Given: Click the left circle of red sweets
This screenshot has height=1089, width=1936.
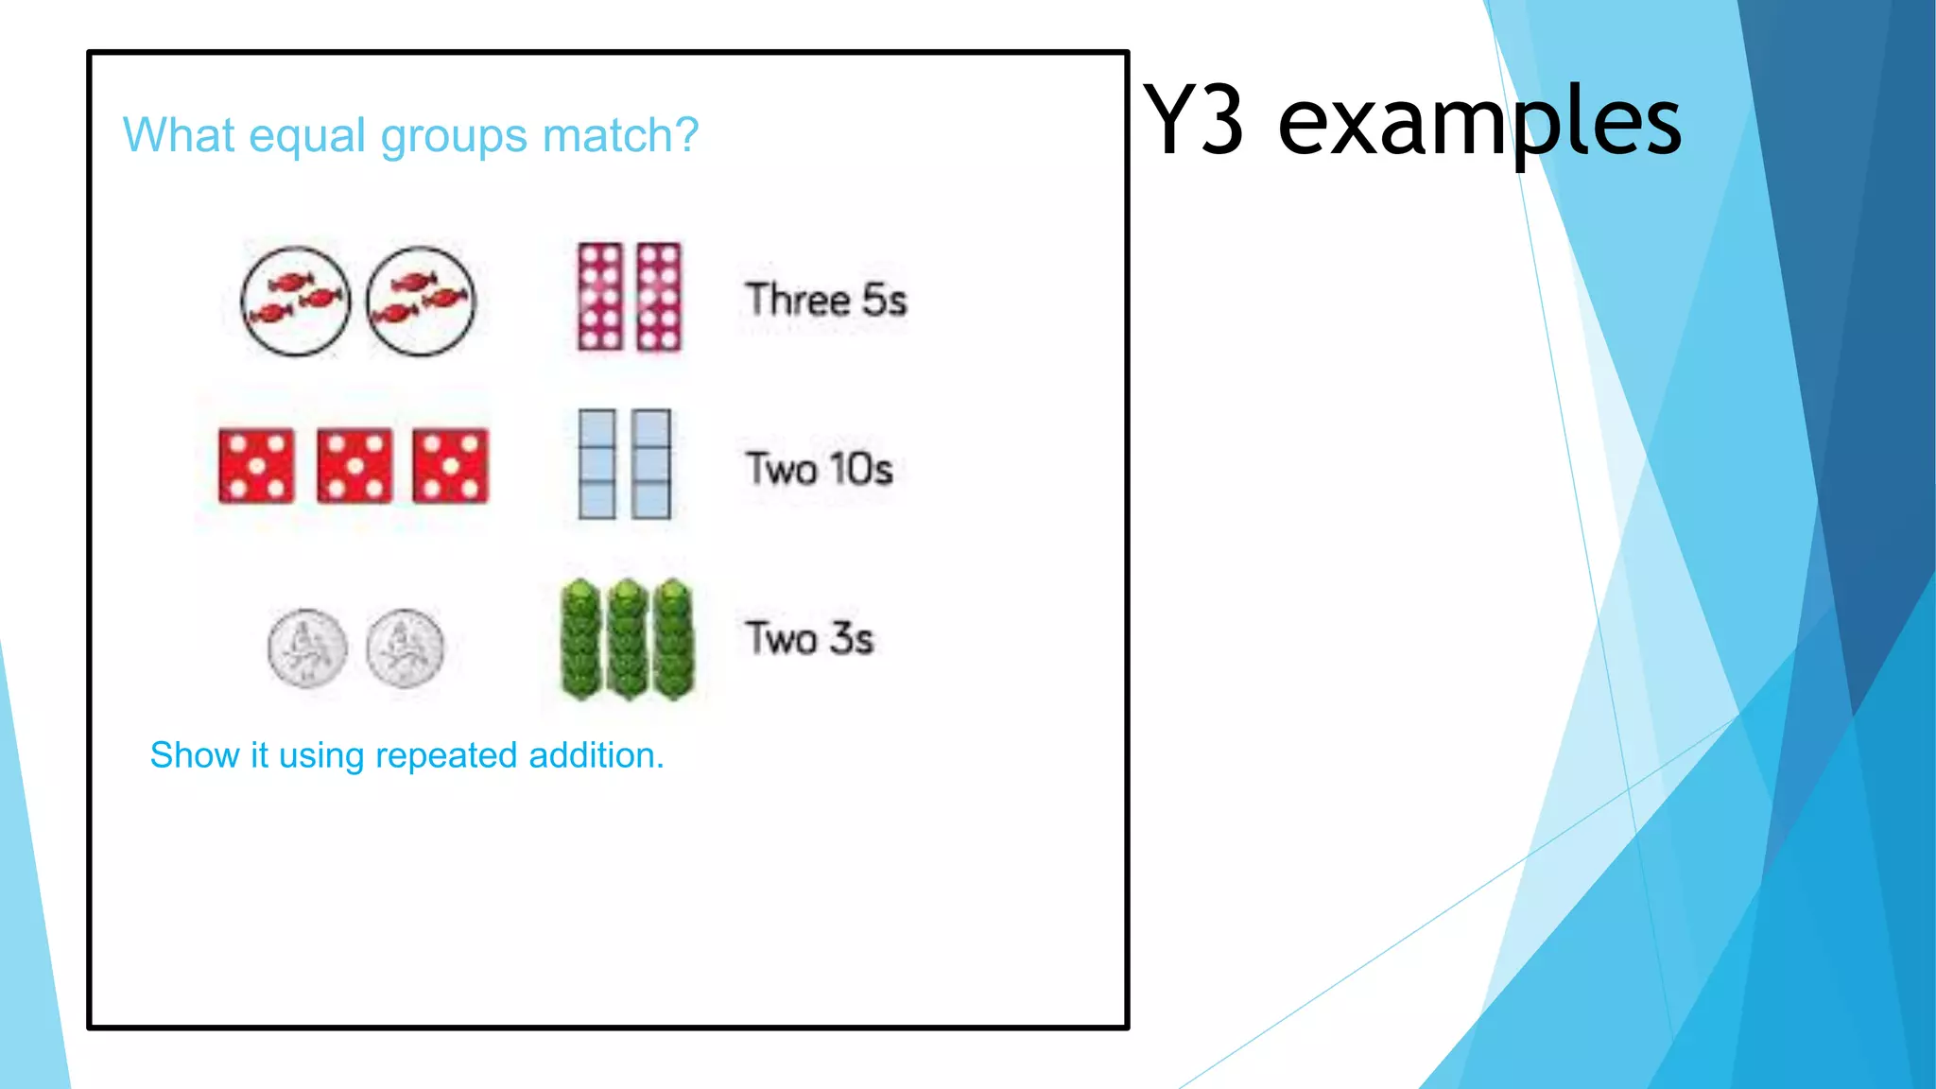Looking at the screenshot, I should coord(296,301).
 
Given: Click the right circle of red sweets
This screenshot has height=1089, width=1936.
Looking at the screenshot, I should coord(421,301).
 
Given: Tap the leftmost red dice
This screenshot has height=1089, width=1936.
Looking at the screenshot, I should coord(256,465).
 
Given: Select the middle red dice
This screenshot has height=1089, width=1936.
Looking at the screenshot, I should coord(354,465).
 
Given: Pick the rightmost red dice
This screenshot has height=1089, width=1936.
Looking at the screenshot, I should coord(451,465).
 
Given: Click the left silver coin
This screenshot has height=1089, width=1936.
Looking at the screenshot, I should coord(307,648).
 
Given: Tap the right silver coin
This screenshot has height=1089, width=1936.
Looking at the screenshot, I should coord(405,648).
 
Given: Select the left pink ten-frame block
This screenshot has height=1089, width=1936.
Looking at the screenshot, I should coord(601,297).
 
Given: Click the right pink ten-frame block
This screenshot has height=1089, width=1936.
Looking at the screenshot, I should coord(658,297).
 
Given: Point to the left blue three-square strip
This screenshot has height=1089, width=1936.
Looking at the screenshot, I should coord(597,464).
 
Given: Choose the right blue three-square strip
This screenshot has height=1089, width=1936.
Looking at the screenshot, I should coord(651,464).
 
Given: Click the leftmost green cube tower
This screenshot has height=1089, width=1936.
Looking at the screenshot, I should coord(580,639).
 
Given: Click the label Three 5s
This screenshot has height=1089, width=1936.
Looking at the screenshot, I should coord(825,300).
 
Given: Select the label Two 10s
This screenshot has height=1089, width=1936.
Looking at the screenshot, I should coord(819,469).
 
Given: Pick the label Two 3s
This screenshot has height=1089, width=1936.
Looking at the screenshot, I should coord(809,638).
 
